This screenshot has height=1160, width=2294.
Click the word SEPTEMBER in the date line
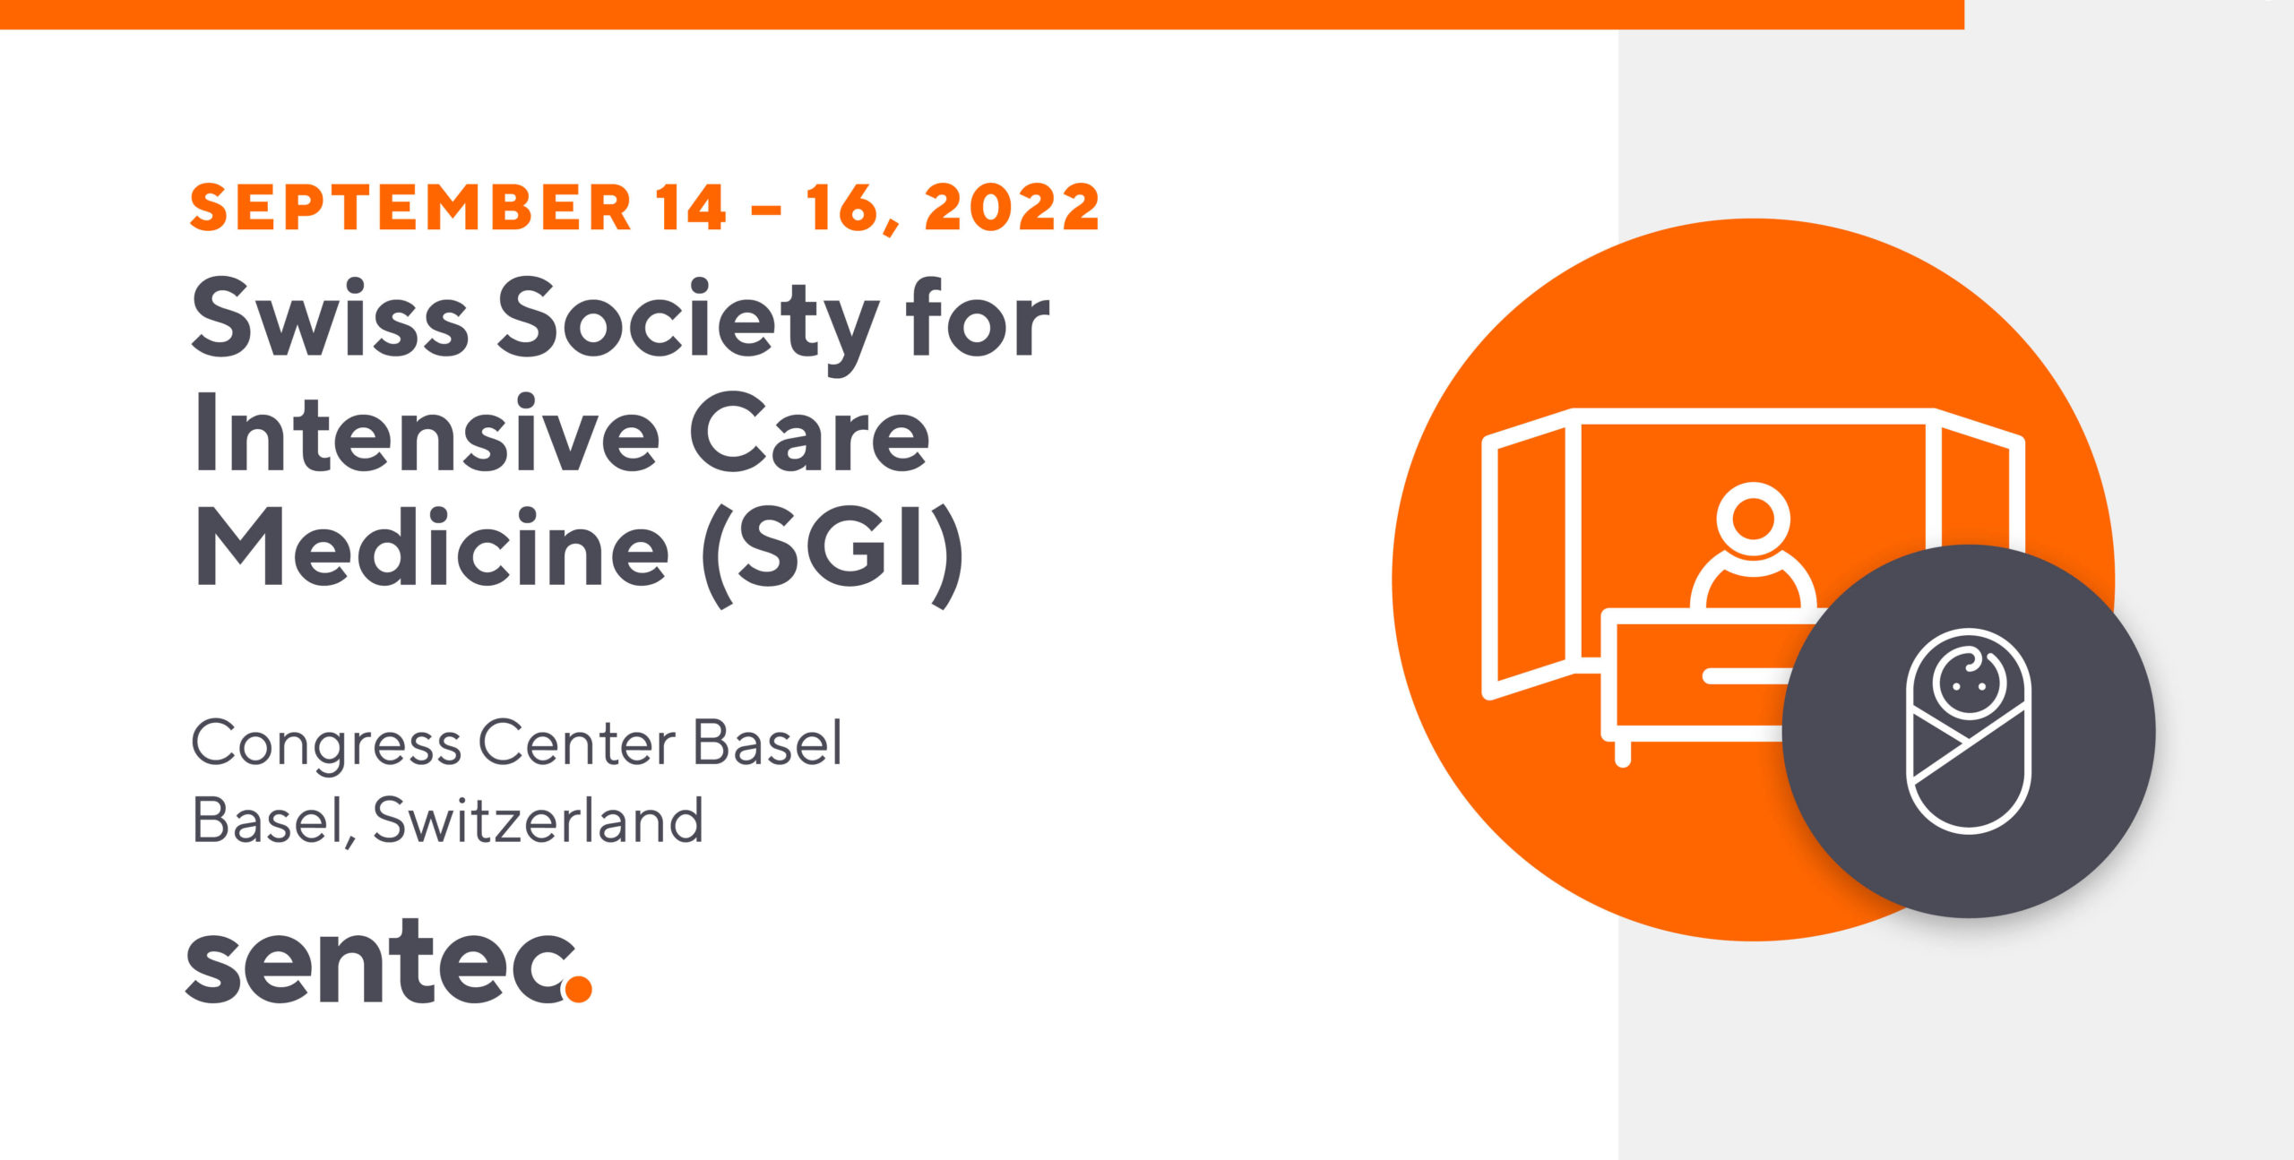411,207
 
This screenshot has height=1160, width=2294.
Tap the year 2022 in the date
1012,207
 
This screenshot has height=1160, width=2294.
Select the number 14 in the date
691,207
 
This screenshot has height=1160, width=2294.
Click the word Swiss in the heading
330,318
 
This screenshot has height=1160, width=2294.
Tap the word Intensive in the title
427,433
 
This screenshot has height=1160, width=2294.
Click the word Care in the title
809,433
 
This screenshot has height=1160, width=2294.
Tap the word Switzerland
538,820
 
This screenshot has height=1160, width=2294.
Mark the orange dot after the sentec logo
578,987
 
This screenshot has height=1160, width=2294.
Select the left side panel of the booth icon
1530,555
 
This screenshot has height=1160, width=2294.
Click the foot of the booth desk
1622,753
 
